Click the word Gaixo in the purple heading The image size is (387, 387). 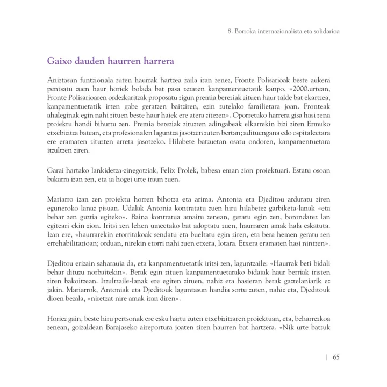(x=59, y=61)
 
